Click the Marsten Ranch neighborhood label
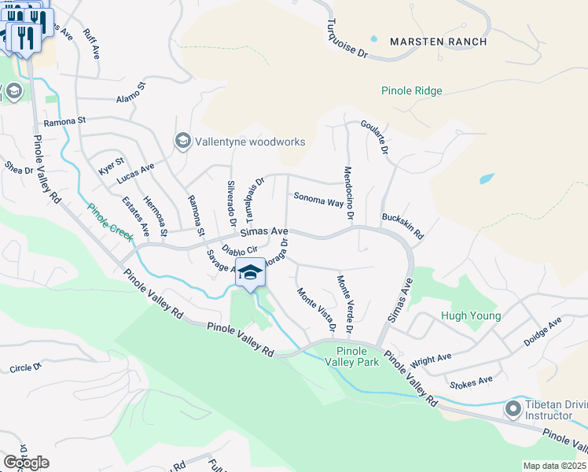tap(439, 42)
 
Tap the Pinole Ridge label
tap(411, 91)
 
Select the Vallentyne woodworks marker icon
tap(182, 141)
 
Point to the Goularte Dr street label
tap(375, 137)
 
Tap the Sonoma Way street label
tap(318, 200)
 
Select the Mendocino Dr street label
tap(349, 193)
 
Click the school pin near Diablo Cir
tap(250, 274)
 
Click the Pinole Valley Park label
tap(357, 356)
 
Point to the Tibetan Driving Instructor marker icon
tap(513, 408)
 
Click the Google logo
tap(26, 462)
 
